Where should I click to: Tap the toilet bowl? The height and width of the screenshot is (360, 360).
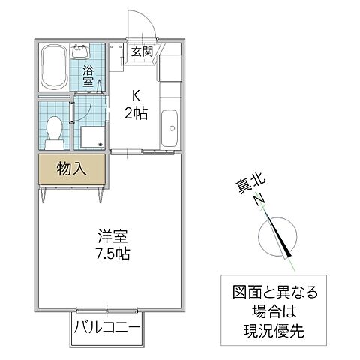pos(53,132)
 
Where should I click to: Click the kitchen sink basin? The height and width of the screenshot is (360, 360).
pos(169,127)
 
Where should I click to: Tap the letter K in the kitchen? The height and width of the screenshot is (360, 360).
pos(136,96)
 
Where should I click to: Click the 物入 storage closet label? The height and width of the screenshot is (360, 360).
pos(72,169)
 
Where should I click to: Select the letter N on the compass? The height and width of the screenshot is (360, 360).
pos(259,200)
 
